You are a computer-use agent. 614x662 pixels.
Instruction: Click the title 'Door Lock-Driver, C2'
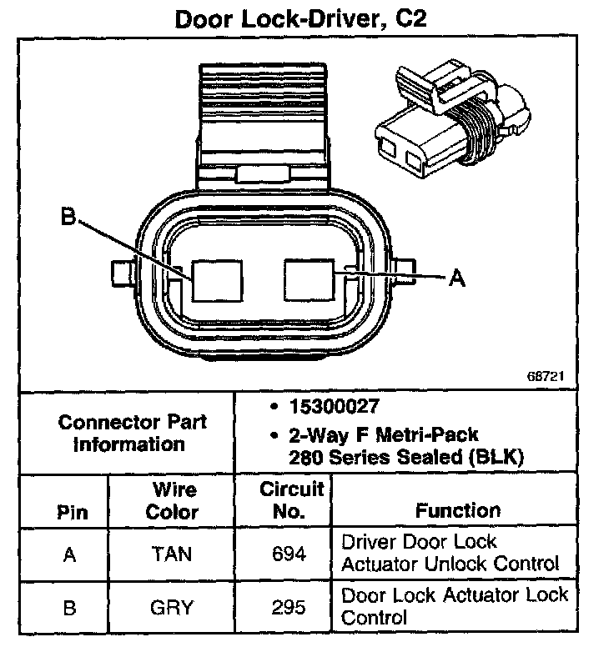[300, 19]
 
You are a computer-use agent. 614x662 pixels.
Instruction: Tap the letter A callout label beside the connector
[456, 278]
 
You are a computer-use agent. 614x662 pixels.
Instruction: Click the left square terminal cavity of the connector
[217, 278]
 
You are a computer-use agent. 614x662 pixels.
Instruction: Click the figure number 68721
[546, 376]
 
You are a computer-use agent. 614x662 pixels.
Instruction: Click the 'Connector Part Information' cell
[132, 432]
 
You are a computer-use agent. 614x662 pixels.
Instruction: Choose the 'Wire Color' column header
[173, 499]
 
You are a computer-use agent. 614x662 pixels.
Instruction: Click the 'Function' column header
[458, 510]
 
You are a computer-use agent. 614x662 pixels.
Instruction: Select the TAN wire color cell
[173, 554]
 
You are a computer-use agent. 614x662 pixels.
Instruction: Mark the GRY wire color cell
[173, 608]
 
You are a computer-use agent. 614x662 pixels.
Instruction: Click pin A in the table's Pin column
[70, 554]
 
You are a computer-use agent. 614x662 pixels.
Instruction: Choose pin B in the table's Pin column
[70, 608]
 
